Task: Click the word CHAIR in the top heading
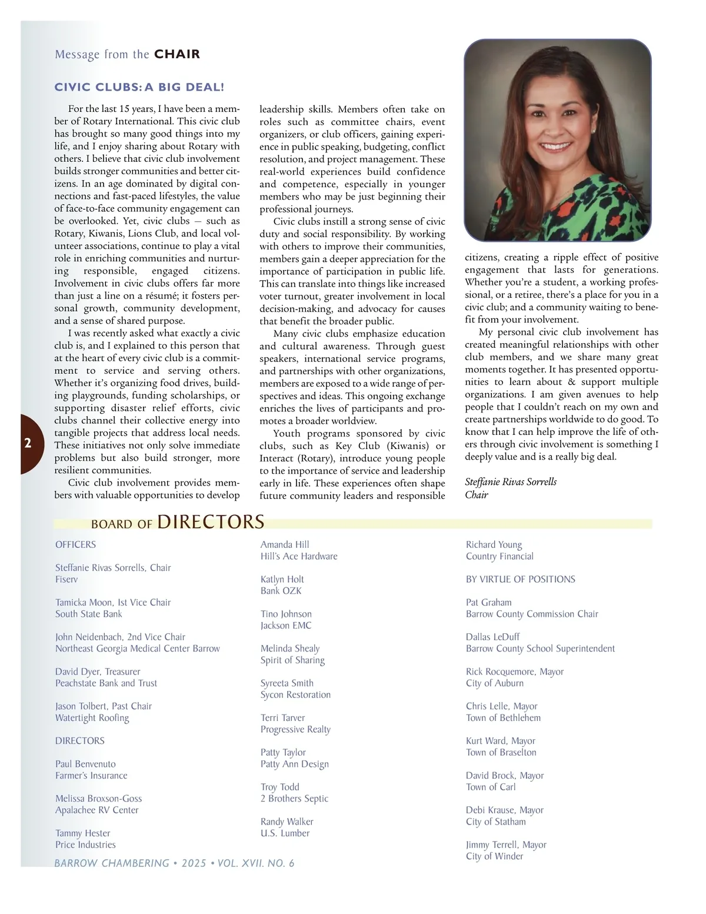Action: click(177, 54)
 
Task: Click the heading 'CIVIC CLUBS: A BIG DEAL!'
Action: click(139, 88)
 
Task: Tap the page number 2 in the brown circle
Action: click(28, 444)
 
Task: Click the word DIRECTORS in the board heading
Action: click(211, 522)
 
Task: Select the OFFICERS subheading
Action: click(75, 544)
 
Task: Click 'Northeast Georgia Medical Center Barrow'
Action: click(138, 649)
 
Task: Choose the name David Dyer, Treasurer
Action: click(98, 672)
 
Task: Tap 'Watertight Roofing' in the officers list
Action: click(92, 718)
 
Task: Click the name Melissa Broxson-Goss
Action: click(98, 799)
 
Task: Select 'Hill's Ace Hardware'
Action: click(299, 556)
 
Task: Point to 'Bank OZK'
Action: click(281, 591)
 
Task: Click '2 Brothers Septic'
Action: click(294, 799)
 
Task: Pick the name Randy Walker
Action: click(287, 822)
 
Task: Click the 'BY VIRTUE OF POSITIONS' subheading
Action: click(520, 579)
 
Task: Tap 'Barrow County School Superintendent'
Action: click(540, 649)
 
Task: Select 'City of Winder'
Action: click(494, 856)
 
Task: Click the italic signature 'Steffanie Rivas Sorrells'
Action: click(510, 482)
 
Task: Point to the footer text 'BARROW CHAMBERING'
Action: click(112, 863)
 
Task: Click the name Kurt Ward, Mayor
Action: click(500, 741)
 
